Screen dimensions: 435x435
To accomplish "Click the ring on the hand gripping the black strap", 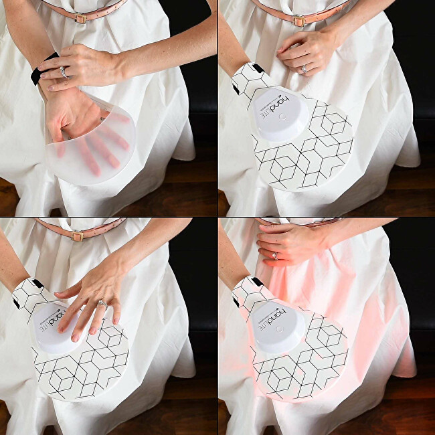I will click(x=64, y=71).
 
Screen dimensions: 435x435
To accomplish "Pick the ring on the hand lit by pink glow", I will click(x=274, y=255).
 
